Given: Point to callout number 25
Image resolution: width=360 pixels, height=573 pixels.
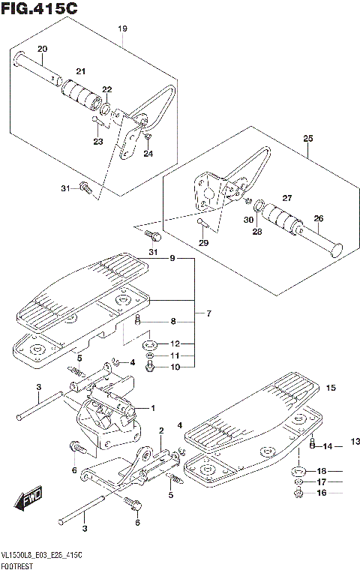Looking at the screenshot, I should [x=307, y=138].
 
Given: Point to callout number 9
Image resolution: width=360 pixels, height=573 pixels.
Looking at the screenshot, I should [x=172, y=259].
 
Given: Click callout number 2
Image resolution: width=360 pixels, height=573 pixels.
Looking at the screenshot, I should [x=161, y=430].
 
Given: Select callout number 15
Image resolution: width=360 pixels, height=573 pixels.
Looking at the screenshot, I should [x=330, y=388].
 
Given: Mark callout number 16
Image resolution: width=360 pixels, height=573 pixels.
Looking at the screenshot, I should [x=322, y=493].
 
